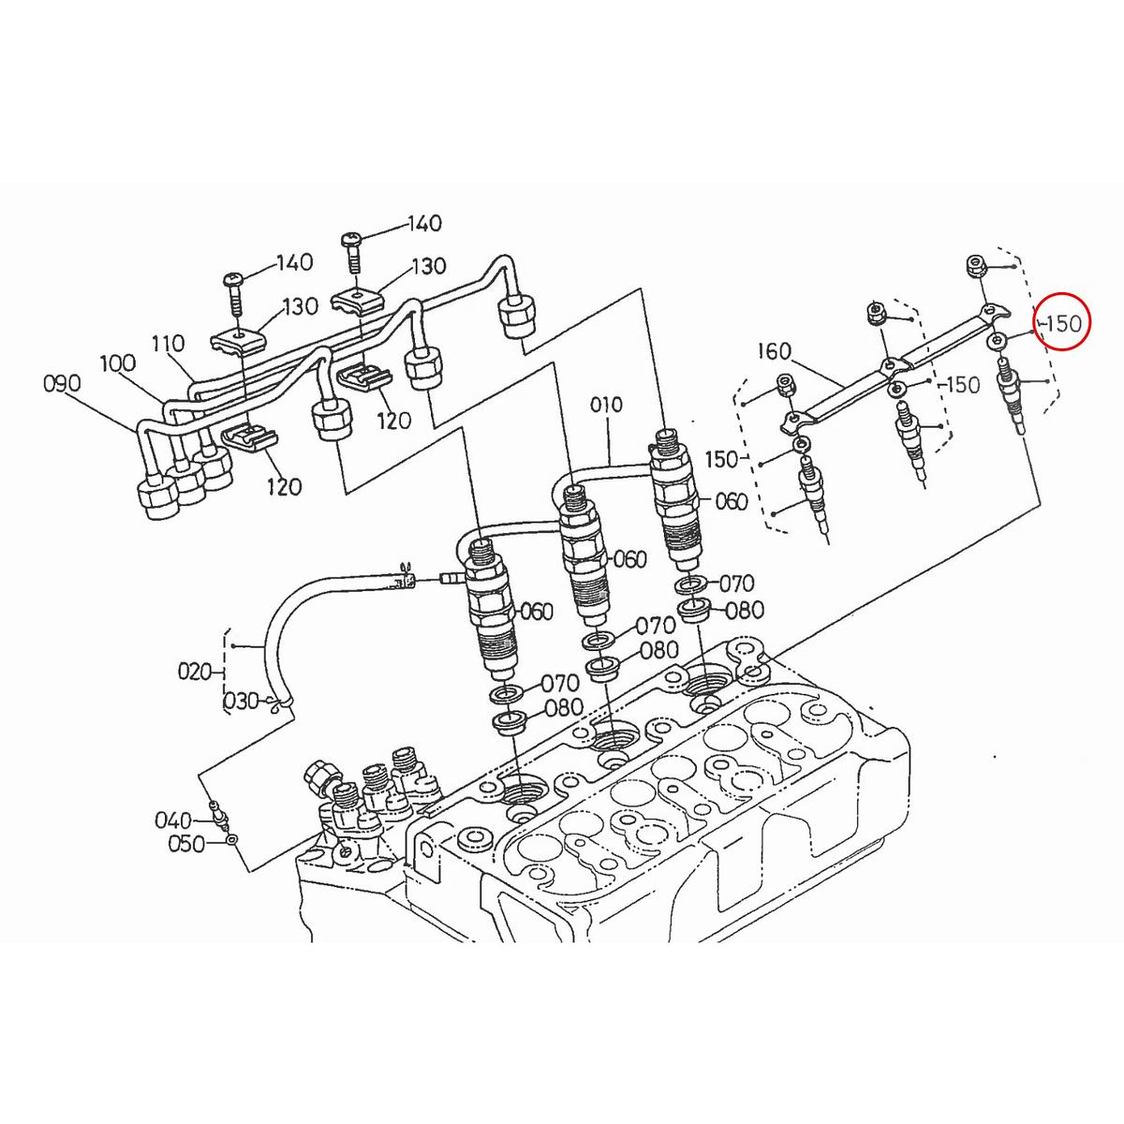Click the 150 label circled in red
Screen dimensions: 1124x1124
pos(1063,322)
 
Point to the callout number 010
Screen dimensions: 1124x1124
pos(606,405)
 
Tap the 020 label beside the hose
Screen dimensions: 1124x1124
pos(196,671)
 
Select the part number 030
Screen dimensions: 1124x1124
pos(240,702)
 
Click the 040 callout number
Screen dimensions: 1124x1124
pos(173,821)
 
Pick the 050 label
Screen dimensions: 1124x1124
pos(185,845)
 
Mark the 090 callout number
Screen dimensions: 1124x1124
pos(62,383)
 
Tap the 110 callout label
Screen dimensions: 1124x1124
pos(169,343)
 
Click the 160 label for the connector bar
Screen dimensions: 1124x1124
pos(774,351)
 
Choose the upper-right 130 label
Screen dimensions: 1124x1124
pos(428,267)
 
